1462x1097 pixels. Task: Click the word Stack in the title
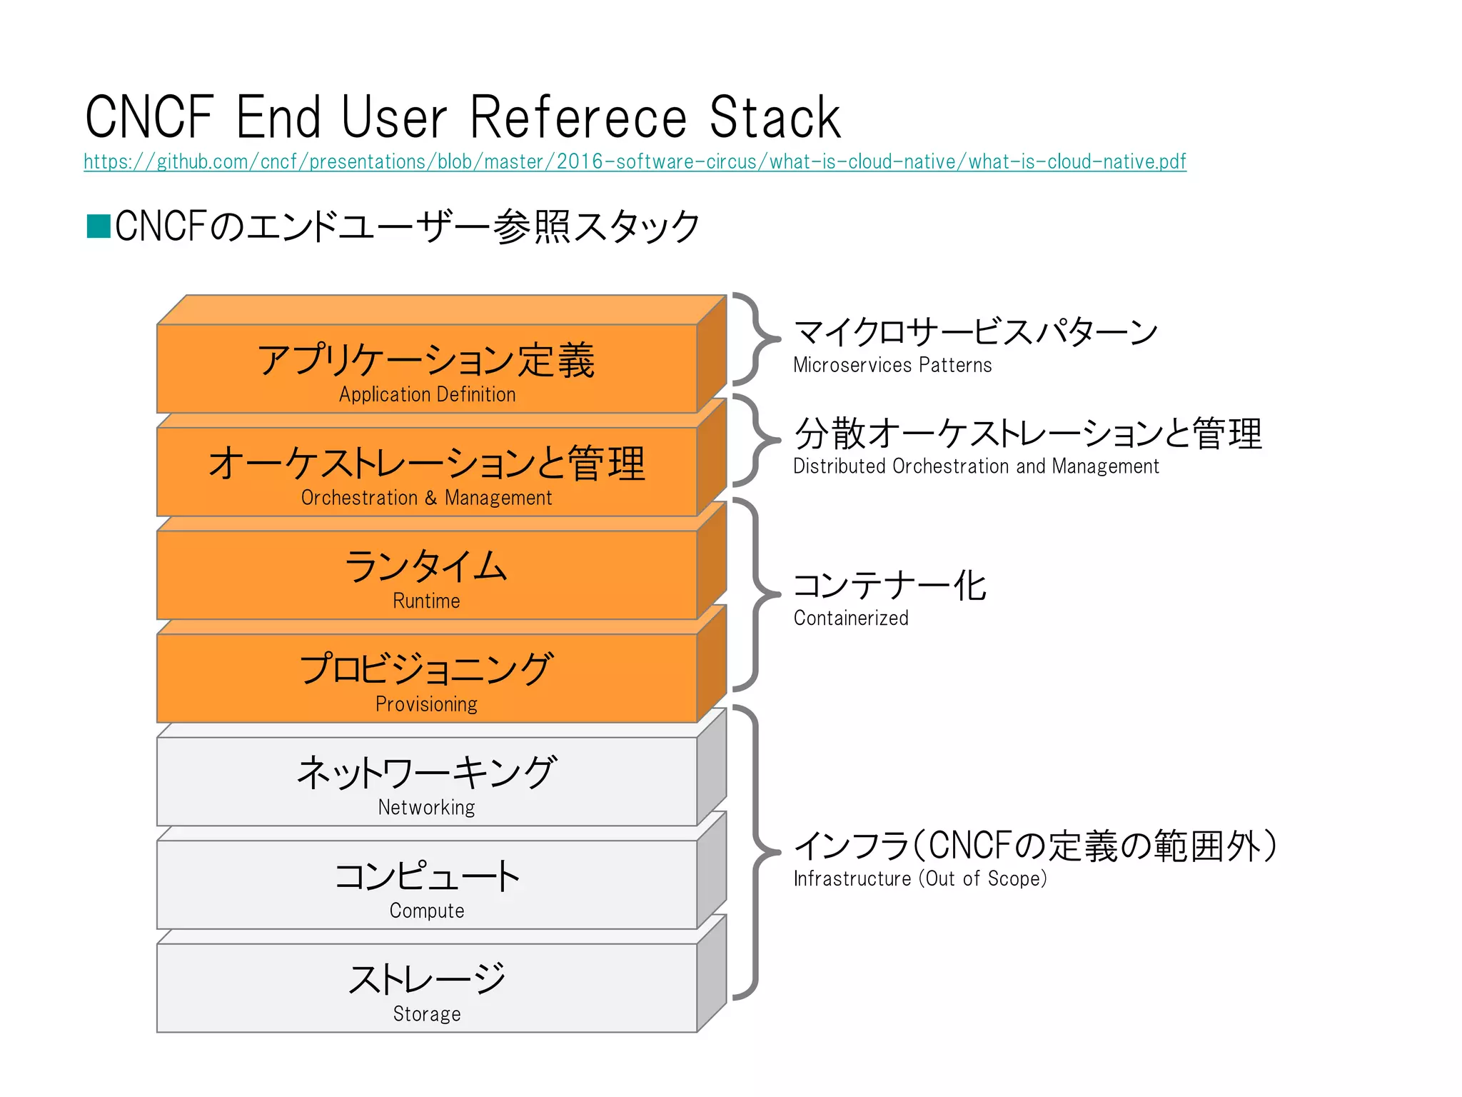coord(775,118)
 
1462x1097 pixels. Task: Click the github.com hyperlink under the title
coord(635,162)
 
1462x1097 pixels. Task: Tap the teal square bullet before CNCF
coord(98,226)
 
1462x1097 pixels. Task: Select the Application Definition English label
coord(427,394)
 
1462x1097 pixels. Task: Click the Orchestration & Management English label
coord(426,498)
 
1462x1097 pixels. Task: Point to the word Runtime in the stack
coord(426,601)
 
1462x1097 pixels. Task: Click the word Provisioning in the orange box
coord(426,704)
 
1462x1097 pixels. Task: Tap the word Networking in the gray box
coord(426,807)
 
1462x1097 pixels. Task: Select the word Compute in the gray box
coord(426,911)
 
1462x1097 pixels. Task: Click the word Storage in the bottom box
coord(426,1014)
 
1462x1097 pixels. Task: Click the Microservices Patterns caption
coord(892,366)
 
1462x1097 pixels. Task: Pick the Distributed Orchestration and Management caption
coord(976,466)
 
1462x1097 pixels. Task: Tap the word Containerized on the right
coord(851,618)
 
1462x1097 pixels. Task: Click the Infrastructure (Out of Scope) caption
coord(920,878)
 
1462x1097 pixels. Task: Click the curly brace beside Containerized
coord(757,594)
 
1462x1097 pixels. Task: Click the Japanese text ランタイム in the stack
coord(426,566)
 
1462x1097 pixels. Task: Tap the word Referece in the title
coord(578,118)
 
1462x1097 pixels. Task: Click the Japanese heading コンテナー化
coord(889,586)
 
